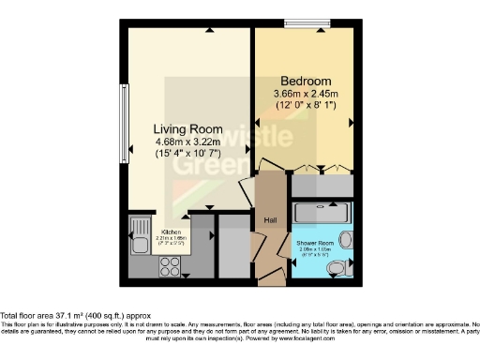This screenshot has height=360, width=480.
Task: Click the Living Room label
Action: pos(188,128)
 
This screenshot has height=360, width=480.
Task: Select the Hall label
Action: pos(270,219)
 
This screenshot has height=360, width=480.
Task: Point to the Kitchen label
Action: pos(172,232)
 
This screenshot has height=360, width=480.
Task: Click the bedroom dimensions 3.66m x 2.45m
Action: pos(305,94)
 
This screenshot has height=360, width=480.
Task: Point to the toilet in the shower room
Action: pos(337,268)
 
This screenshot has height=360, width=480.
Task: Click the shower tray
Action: pos(323,211)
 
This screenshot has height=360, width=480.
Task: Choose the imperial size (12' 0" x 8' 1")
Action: pos(305,106)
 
